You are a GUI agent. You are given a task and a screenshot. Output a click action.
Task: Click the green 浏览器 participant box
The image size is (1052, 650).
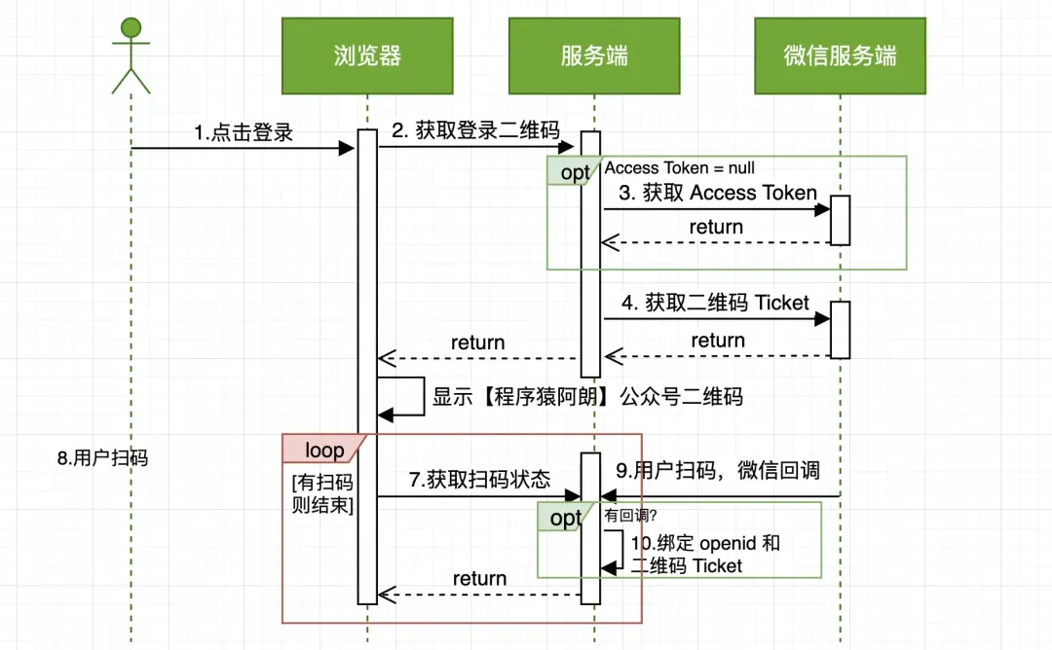[367, 55]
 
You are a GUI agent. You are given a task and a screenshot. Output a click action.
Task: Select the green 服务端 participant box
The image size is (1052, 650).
[594, 55]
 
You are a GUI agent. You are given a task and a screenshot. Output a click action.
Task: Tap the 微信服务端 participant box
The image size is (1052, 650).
[840, 55]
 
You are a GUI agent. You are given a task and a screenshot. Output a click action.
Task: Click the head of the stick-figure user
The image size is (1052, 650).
[131, 28]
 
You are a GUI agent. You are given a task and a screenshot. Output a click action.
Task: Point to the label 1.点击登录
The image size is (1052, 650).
[244, 132]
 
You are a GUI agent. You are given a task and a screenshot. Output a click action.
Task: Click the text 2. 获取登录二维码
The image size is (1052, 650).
[475, 130]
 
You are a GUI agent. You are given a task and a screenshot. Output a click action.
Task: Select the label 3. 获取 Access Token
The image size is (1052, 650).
[718, 193]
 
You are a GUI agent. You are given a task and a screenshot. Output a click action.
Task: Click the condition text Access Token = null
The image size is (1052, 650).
[680, 167]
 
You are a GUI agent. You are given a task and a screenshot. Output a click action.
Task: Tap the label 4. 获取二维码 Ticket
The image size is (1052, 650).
[715, 303]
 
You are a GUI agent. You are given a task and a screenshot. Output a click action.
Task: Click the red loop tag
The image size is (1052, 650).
[324, 449]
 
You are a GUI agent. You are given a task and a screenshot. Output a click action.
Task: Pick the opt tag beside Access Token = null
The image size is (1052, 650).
[575, 171]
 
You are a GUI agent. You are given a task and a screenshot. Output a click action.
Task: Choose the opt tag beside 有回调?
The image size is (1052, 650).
[565, 518]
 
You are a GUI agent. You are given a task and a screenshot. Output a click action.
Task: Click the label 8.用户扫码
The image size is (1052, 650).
[102, 458]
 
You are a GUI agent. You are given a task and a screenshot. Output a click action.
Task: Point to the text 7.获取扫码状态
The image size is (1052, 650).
[479, 479]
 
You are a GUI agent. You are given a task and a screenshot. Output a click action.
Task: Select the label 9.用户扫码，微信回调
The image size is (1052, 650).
[718, 470]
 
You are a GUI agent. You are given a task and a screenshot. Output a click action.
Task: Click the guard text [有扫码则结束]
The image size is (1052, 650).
[322, 493]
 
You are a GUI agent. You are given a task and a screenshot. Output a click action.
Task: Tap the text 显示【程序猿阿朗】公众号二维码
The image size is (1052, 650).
[587, 397]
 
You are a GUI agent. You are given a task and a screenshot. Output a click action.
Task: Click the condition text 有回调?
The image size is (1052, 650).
[630, 516]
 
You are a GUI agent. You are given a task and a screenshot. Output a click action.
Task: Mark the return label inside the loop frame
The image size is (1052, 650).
[479, 578]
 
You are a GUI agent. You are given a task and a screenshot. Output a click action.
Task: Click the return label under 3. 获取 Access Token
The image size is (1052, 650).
[717, 227]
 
